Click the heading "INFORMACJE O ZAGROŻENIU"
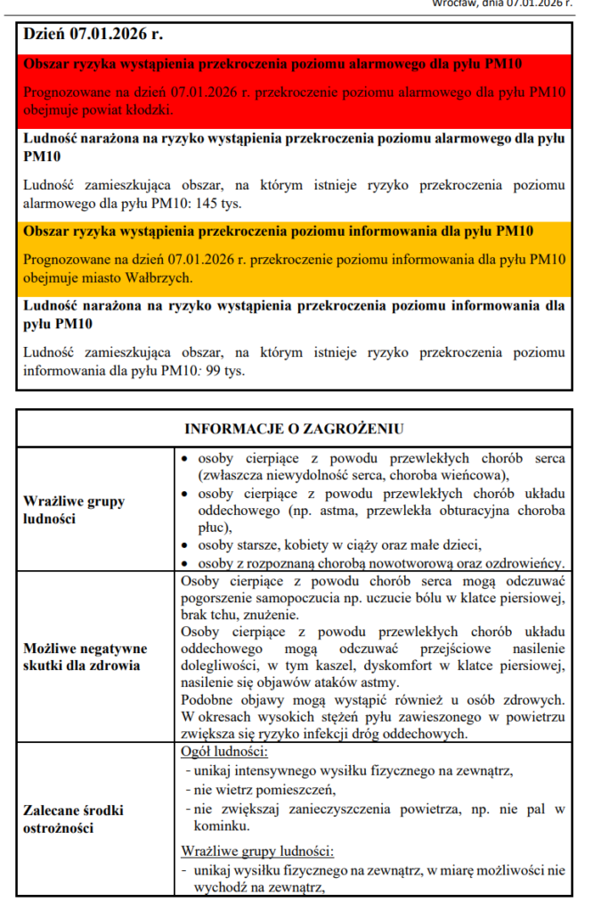click(294, 428)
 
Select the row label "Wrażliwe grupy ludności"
click(74, 509)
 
